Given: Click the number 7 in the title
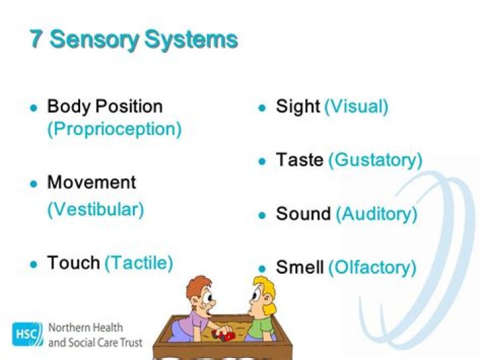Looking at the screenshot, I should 37,39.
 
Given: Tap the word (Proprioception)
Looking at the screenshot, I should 114,129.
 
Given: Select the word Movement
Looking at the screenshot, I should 92,182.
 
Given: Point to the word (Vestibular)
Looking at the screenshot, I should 96,209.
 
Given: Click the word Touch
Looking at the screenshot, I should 73,262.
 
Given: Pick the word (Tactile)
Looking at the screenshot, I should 139,262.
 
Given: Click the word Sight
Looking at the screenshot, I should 298,106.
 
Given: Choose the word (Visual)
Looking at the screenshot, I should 356,106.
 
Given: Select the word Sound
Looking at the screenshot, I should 303,214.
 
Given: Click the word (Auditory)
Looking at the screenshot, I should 376,214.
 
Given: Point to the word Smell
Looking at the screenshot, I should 300,268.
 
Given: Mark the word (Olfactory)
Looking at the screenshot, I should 372,268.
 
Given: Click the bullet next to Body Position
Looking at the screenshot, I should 33,108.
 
